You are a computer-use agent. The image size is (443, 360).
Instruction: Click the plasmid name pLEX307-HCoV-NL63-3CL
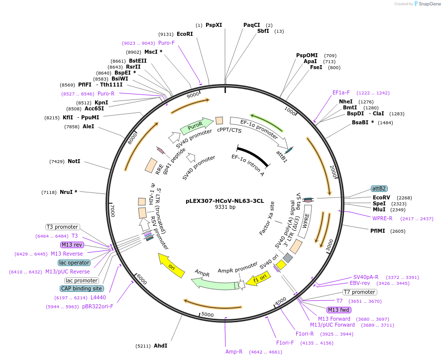point(224,201)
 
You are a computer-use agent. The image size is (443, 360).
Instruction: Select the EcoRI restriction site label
point(185,34)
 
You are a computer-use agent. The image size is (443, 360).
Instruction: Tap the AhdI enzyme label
point(160,346)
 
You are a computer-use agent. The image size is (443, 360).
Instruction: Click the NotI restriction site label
point(74,162)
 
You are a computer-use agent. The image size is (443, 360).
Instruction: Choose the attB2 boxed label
point(379,189)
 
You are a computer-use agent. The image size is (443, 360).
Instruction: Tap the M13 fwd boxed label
point(339,310)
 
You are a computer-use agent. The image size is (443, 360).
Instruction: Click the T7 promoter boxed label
point(359,292)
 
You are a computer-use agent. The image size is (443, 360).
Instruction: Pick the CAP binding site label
point(82,288)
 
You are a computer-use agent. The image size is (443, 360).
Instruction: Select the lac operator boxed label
point(74,263)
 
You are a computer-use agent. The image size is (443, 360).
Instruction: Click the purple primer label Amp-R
point(234,352)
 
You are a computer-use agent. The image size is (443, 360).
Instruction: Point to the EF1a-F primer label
point(341,92)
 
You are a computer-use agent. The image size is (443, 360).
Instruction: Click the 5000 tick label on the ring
point(208,315)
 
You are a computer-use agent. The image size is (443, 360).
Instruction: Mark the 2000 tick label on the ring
point(333,172)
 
